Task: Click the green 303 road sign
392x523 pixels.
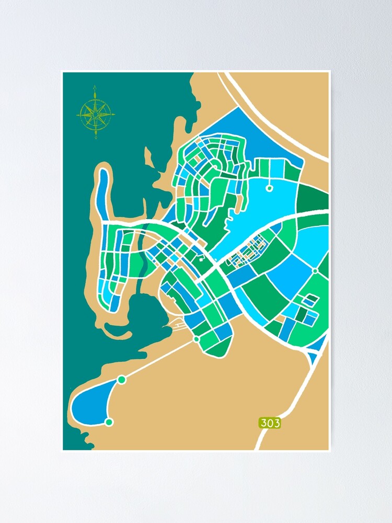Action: pos(270,423)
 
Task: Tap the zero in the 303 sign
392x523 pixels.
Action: pos(270,423)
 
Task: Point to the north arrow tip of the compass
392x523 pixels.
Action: pos(96,87)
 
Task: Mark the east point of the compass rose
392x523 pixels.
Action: pos(114,113)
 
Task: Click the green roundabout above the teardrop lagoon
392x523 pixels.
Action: pos(122,379)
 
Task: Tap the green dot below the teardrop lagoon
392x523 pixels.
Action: pos(109,422)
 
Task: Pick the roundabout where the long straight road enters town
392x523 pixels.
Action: pos(197,339)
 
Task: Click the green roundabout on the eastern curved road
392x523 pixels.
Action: pos(315,270)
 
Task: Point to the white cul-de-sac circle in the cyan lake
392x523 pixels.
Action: pos(269,188)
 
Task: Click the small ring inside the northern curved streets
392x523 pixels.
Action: pos(215,167)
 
